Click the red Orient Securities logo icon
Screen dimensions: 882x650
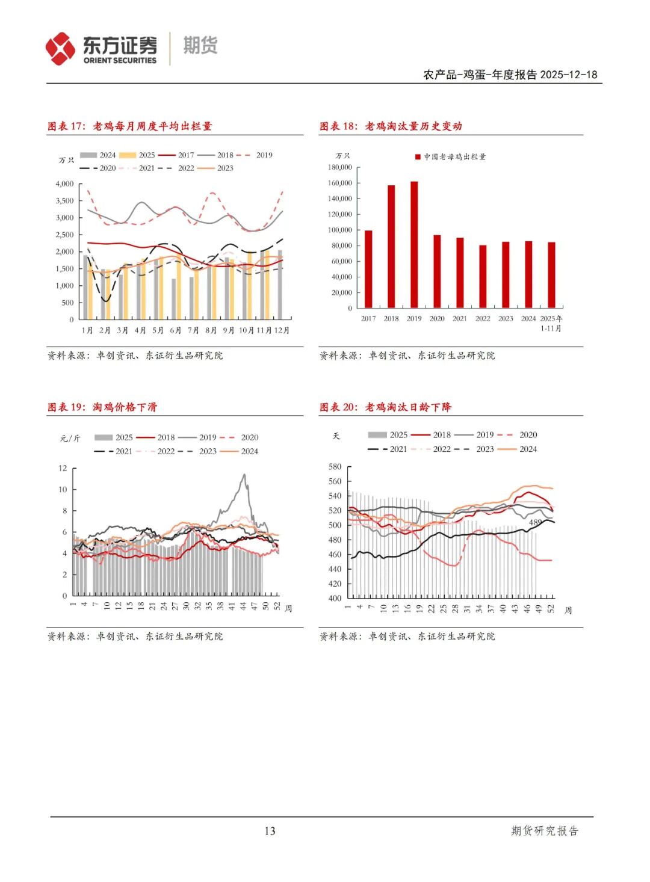60,49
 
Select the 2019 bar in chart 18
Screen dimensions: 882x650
414,244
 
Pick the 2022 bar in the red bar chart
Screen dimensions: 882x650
483,276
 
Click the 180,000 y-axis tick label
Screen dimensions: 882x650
340,167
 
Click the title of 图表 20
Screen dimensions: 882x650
385,407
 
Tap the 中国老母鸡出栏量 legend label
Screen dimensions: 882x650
454,157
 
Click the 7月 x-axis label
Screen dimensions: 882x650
193,330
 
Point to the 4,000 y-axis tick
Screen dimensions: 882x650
64,184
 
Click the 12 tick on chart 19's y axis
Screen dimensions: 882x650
63,468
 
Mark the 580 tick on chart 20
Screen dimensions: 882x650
335,467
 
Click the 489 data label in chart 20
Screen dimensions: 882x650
535,522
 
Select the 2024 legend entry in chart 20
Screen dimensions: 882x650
528,449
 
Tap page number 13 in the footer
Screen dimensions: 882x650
270,831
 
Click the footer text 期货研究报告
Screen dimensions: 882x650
544,831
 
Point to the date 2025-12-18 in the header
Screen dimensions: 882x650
569,75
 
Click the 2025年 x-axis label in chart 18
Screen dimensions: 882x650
551,319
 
